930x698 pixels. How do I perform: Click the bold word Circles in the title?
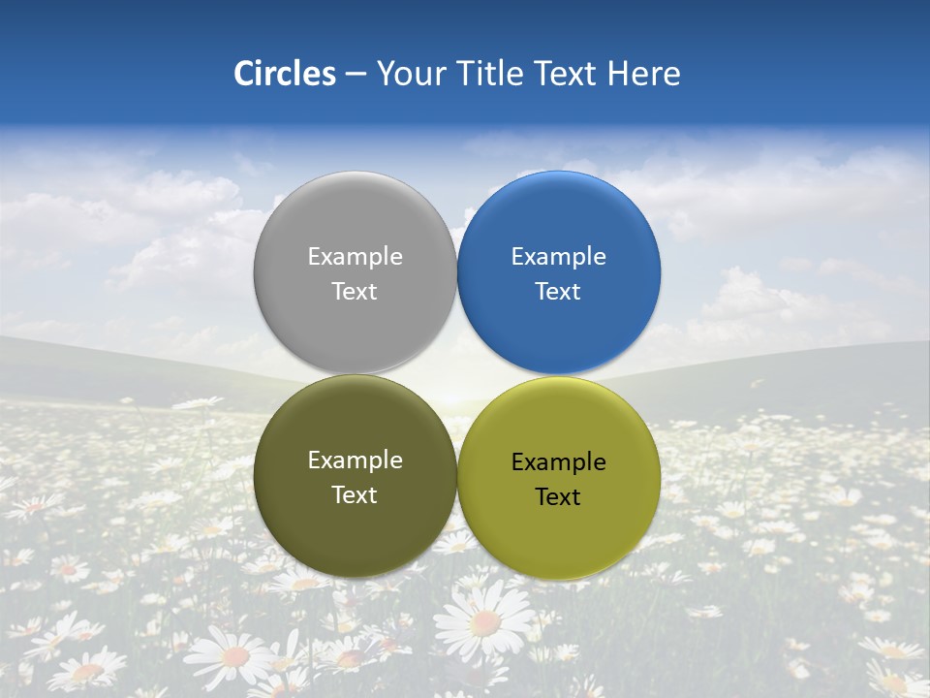[285, 74]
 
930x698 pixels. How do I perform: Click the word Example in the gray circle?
[355, 256]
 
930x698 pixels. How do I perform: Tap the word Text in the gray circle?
[355, 291]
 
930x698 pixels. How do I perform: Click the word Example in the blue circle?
[558, 256]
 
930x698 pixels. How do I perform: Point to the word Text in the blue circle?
[558, 291]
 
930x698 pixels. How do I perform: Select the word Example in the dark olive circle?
[355, 460]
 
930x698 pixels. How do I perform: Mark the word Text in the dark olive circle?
[355, 494]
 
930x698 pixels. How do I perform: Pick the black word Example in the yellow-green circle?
[558, 462]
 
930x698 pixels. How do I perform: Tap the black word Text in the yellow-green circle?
[558, 496]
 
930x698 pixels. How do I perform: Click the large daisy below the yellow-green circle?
[484, 620]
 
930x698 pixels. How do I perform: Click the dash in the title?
[356, 75]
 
